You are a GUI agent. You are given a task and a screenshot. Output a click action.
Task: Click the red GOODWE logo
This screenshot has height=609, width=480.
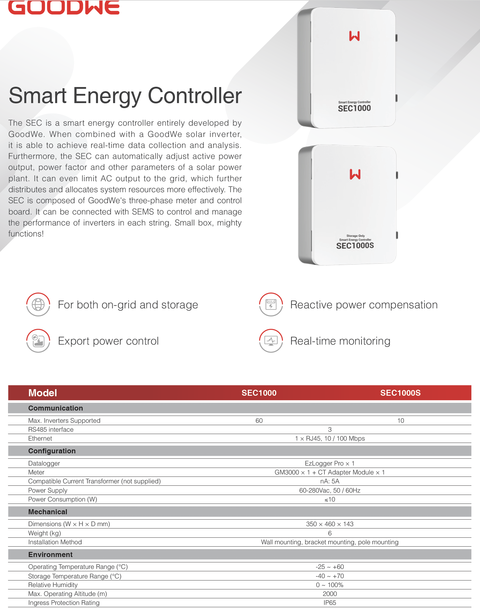64,7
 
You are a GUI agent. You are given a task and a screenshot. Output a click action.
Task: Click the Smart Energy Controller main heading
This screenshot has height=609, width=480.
125,96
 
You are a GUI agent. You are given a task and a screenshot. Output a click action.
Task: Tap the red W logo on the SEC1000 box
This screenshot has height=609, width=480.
354,36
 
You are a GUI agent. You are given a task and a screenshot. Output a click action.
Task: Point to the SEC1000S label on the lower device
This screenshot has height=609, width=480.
355,246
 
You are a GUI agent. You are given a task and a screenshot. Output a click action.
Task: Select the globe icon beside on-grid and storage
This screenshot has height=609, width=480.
38,304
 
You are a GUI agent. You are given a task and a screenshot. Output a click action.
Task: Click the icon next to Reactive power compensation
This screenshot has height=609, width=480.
271,304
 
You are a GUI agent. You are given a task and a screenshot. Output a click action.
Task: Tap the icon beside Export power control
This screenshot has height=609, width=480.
38,341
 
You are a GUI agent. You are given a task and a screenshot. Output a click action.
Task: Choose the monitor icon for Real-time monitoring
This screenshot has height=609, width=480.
271,341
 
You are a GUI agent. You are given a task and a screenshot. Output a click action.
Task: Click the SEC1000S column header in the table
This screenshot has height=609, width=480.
400,393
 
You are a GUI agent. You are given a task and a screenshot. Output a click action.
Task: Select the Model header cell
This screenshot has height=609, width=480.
42,393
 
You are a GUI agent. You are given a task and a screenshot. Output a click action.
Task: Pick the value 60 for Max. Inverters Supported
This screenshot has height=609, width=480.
259,421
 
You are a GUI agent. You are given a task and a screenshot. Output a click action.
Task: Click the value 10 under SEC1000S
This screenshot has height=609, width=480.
401,421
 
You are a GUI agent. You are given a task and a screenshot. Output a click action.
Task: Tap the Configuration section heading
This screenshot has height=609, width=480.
52,451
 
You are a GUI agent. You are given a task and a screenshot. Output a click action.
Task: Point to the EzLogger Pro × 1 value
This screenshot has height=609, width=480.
330,463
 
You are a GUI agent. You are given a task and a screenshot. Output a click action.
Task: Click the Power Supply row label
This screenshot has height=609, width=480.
48,490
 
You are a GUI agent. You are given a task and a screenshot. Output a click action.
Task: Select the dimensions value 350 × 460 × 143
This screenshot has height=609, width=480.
330,524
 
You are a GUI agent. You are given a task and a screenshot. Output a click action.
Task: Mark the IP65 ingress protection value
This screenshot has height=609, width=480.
330,603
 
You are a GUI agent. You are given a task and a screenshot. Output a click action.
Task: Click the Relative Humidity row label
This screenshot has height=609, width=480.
53,585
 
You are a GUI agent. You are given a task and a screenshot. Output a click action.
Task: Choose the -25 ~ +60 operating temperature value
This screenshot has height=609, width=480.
330,567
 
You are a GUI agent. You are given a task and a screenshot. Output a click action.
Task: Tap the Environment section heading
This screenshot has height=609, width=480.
50,555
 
